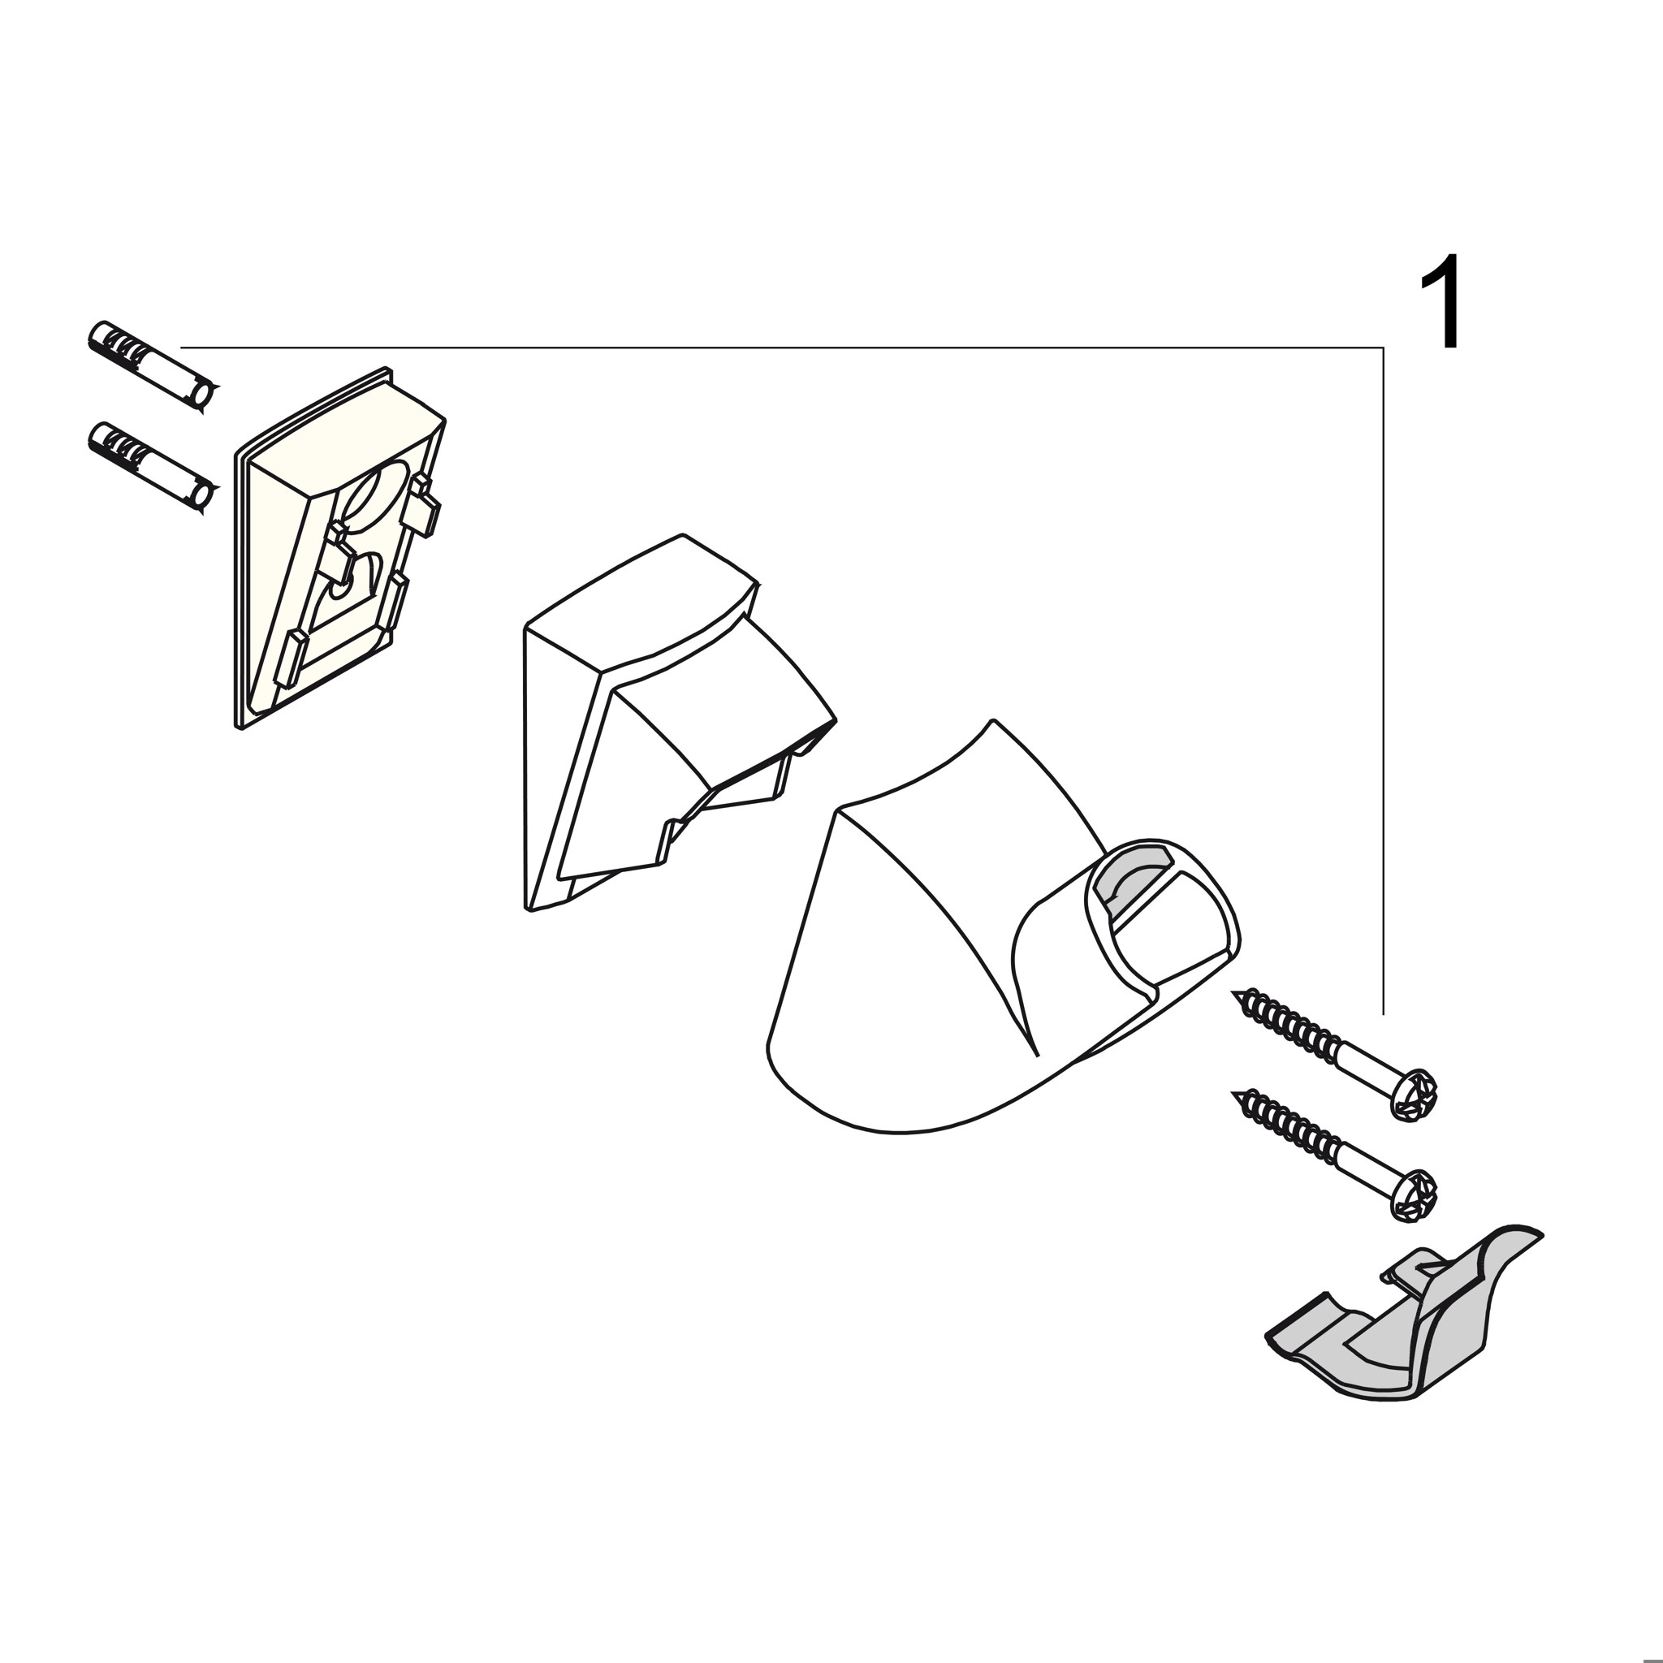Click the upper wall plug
(x=153, y=368)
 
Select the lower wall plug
(x=153, y=469)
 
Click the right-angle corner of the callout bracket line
(x=1383, y=348)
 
